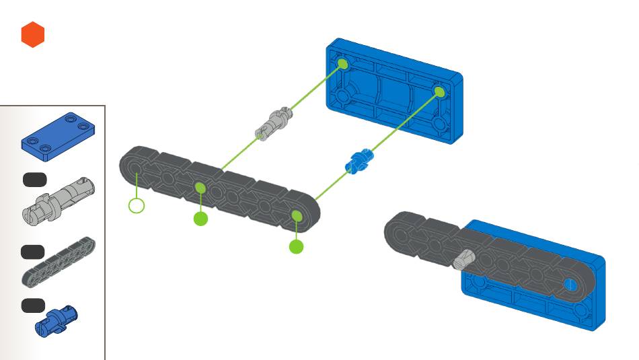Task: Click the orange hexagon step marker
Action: pyautogui.click(x=32, y=35)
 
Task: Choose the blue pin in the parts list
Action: pyautogui.click(x=58, y=320)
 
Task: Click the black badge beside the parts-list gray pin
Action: pyautogui.click(x=34, y=179)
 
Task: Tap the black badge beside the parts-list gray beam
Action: pyautogui.click(x=32, y=252)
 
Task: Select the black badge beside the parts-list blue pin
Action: pyautogui.click(x=32, y=305)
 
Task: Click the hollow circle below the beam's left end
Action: pyautogui.click(x=137, y=205)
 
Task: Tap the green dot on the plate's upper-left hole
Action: pyautogui.click(x=342, y=64)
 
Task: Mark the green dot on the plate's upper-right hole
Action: pyautogui.click(x=439, y=92)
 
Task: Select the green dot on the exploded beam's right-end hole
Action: pyautogui.click(x=296, y=215)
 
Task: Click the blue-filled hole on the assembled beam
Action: pyautogui.click(x=570, y=283)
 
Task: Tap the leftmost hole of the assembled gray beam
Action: pyautogui.click(x=401, y=233)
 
